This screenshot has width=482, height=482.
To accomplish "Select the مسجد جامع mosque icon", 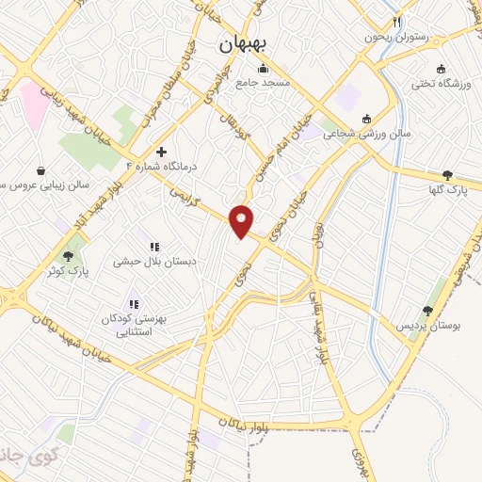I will (263, 69).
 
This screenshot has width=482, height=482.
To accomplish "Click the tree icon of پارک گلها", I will (447, 175).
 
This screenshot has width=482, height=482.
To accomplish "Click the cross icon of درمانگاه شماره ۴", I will (161, 152).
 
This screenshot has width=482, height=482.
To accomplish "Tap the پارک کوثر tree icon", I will (68, 256).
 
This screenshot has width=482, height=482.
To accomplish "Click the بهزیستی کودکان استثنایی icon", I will (134, 304).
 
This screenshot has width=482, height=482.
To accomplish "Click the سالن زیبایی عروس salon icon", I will (41, 170).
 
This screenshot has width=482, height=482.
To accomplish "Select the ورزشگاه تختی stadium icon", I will (440, 69).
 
